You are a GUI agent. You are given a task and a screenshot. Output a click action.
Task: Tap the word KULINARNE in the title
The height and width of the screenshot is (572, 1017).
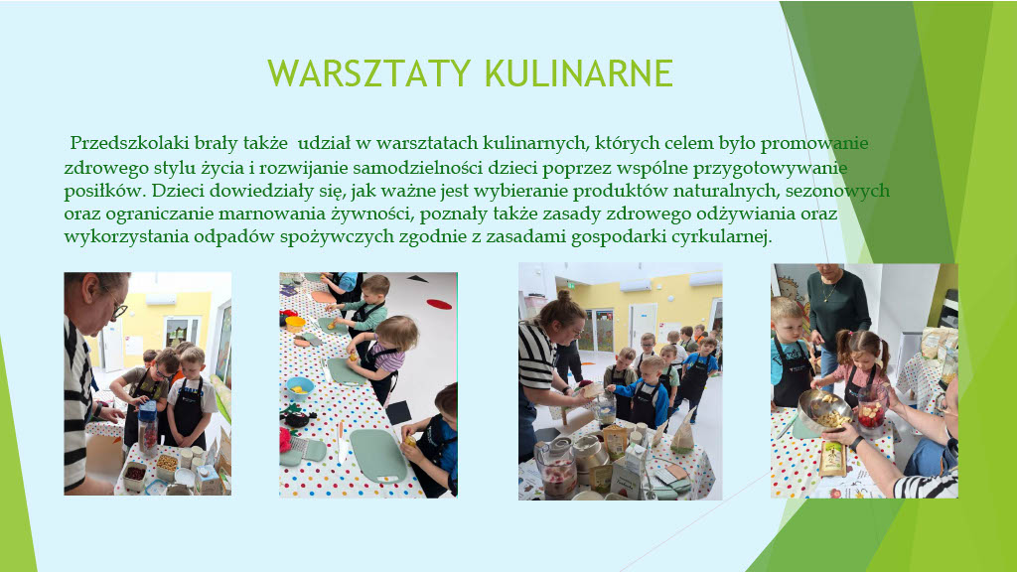(x=579, y=73)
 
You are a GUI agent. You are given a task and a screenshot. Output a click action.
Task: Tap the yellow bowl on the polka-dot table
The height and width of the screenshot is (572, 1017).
(x=295, y=324)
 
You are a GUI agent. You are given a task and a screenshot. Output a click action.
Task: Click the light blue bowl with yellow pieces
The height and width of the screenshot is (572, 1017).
(x=300, y=388)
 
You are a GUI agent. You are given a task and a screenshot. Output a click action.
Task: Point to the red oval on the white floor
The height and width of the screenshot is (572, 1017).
(x=439, y=304)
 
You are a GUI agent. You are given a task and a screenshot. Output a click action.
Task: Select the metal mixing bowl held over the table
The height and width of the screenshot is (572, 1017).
(x=822, y=411)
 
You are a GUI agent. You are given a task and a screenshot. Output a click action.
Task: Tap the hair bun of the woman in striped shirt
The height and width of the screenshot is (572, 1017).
(x=562, y=296)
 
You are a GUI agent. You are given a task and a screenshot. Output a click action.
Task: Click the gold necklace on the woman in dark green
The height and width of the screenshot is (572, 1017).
(x=829, y=293)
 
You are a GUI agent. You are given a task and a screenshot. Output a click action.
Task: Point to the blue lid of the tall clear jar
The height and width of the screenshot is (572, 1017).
(x=148, y=408)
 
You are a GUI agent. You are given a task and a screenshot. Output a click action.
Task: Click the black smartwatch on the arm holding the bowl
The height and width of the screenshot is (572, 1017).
(x=856, y=444)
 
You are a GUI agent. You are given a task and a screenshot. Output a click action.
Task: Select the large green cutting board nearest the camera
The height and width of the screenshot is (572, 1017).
(x=378, y=456)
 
